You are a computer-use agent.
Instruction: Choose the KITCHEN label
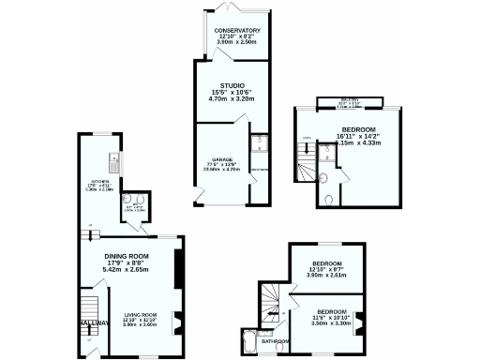coord(100,181)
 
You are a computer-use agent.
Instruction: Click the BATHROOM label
coord(276,341)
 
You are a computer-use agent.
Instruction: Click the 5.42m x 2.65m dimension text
coord(127,271)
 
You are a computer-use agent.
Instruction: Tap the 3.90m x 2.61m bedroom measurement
coord(328,276)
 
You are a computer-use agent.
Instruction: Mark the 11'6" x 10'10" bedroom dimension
coord(331,317)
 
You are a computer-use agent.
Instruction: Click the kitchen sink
coord(112,158)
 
